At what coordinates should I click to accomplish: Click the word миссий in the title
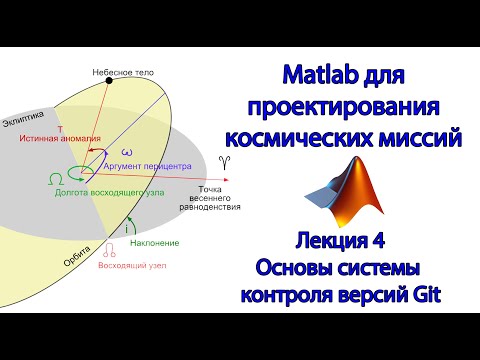[x=421, y=139]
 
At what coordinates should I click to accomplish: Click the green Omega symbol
[x=53, y=177]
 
